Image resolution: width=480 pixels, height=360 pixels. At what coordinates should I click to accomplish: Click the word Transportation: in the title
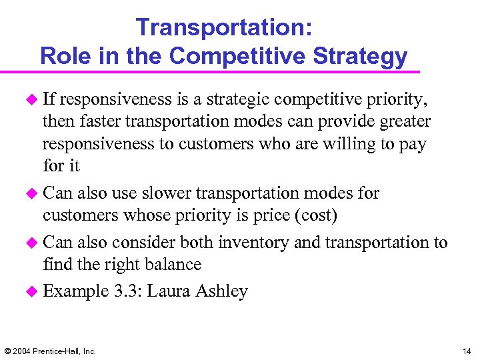coord(223,27)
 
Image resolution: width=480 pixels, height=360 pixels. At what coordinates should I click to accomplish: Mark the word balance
coord(171,265)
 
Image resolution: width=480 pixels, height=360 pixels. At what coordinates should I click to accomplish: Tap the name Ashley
coord(221,291)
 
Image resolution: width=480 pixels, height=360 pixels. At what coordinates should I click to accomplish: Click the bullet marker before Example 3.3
coord(33,291)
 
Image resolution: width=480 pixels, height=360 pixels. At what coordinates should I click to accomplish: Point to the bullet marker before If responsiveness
coord(33,101)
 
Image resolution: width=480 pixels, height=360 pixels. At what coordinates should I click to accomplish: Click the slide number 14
coord(465,351)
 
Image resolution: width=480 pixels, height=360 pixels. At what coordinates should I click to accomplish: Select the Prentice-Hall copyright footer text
coord(50,351)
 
